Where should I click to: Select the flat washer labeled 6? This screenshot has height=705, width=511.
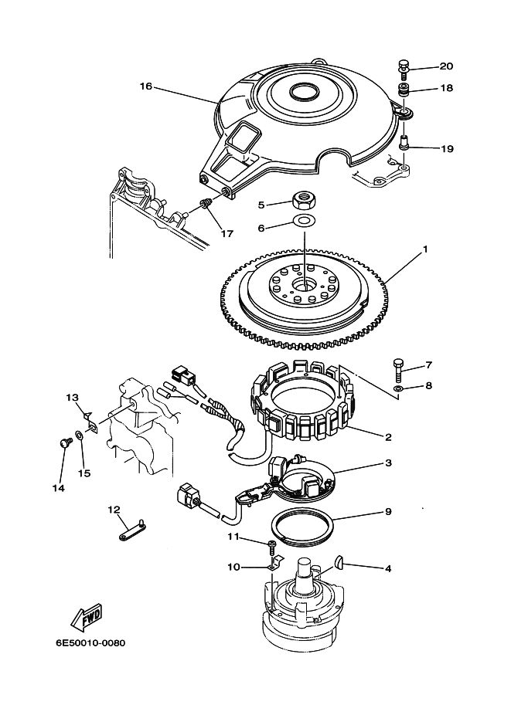(x=304, y=221)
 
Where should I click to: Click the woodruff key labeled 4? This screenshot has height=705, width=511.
(x=342, y=562)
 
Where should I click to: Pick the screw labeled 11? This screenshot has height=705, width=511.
(x=272, y=546)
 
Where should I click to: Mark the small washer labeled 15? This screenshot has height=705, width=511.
(x=79, y=436)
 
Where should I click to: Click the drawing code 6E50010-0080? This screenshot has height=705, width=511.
(x=90, y=643)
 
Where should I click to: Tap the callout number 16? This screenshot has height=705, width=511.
(x=146, y=86)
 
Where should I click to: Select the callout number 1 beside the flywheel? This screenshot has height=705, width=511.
(x=425, y=249)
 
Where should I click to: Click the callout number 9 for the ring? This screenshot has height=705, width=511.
(x=388, y=512)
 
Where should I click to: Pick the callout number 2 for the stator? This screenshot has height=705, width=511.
(x=388, y=436)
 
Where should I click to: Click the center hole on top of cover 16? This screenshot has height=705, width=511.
(x=303, y=92)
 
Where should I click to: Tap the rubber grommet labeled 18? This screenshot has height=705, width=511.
(x=405, y=90)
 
